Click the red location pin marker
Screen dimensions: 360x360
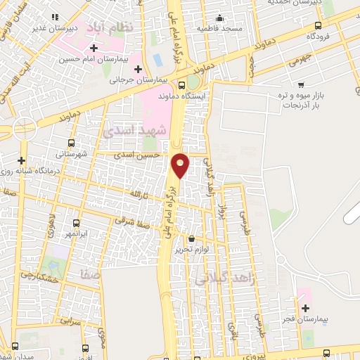coord(181,165)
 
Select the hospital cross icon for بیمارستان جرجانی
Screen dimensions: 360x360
coord(138,69)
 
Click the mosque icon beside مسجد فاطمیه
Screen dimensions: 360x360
coord(221,18)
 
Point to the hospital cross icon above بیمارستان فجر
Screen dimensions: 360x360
coord(304,308)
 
